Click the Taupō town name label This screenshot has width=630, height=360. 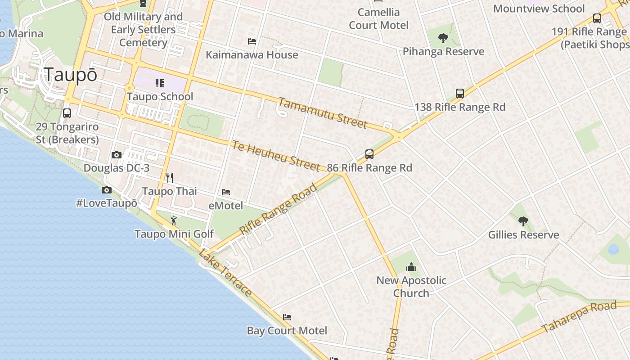click(x=70, y=75)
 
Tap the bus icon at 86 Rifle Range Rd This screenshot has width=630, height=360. click(x=369, y=154)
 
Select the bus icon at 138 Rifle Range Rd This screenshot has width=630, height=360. click(x=459, y=94)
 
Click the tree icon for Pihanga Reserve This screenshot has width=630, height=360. click(x=443, y=38)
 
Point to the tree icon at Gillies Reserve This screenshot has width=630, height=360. click(x=523, y=221)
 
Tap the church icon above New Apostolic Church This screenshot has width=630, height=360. click(x=411, y=267)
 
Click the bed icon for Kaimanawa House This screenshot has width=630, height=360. click(x=252, y=41)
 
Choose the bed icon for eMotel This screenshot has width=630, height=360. click(x=226, y=192)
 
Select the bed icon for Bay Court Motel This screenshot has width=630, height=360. click(x=287, y=317)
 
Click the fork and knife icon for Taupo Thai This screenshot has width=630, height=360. click(x=170, y=178)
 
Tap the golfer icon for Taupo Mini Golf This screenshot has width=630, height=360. click(x=174, y=220)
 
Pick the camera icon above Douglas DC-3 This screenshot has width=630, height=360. click(x=117, y=155)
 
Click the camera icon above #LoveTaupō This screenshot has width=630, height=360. click(x=107, y=190)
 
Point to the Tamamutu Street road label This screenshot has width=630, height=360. click(x=322, y=113)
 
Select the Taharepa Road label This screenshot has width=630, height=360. click(x=579, y=317)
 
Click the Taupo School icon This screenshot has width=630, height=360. click(x=160, y=83)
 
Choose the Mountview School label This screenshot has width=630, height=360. click(x=539, y=9)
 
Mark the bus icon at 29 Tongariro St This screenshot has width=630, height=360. click(x=67, y=113)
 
